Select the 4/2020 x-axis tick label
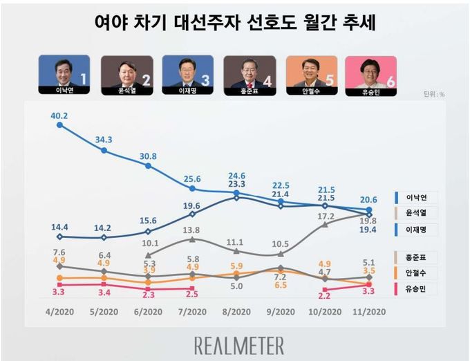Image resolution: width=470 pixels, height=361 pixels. tap(60, 311)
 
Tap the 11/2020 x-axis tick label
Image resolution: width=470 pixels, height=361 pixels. tap(369, 311)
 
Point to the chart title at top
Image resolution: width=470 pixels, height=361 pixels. tap(235, 21)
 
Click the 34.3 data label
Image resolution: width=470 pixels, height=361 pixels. tap(104, 139)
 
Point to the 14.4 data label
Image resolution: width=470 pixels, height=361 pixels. tap(59, 225)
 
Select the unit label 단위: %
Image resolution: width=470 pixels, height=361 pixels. tap(434, 94)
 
